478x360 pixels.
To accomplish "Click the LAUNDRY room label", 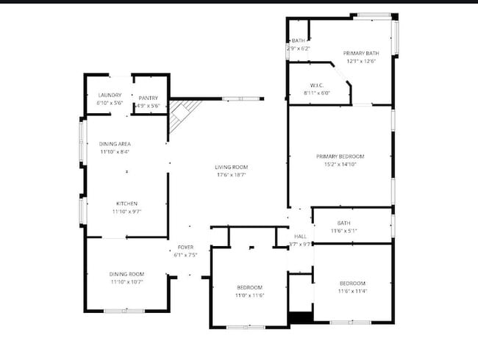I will (110, 96).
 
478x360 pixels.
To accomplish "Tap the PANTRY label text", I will (148, 98).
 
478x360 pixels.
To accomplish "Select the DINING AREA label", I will (114, 144).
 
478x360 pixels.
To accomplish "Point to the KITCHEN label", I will (126, 204).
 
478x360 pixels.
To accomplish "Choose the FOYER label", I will (185, 248).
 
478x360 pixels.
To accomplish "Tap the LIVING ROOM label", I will (231, 167).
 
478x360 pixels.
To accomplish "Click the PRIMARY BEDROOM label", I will (340, 156).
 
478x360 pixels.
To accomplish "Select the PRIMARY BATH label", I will (360, 54).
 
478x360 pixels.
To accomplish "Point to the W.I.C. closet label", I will (317, 85).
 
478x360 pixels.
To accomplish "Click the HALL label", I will (300, 236).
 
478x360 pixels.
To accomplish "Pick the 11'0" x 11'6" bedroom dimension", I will (249, 295).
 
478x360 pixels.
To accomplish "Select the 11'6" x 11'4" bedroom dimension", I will (352, 292).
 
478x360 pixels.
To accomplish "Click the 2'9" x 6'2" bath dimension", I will (299, 48).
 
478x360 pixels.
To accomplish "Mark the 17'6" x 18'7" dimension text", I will (231, 175).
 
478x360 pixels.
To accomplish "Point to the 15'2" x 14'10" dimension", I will (340, 165).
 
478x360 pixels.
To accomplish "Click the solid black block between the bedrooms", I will (300, 318).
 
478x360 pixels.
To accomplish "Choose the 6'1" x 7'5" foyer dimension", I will (185, 256).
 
